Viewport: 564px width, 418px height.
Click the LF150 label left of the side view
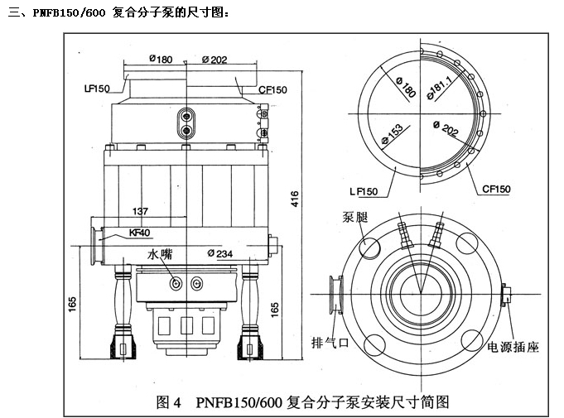[97, 88]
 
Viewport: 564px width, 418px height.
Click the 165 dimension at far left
[73, 305]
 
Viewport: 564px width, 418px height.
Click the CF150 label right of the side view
[273, 89]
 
